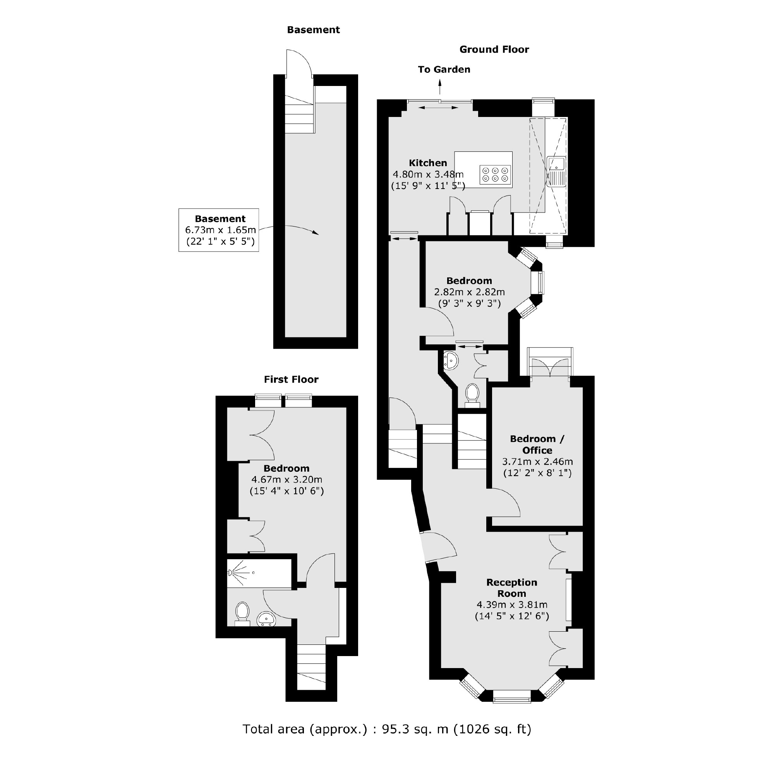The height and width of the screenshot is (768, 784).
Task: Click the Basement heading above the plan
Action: click(313, 30)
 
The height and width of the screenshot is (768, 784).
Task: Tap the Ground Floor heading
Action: click(494, 50)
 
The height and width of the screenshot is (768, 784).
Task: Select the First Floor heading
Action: click(291, 380)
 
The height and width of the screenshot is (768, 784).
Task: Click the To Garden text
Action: click(444, 70)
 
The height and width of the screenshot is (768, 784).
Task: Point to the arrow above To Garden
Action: click(440, 86)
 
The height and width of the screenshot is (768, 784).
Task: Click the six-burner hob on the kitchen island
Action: click(495, 175)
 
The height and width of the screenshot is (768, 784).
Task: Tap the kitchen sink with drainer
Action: click(557, 171)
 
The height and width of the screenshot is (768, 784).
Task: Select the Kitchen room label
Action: click(428, 163)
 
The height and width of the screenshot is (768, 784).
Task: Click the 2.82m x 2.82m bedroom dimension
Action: click(469, 292)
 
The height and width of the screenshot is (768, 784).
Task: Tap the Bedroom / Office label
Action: click(537, 444)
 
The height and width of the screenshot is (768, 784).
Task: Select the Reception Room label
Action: click(511, 588)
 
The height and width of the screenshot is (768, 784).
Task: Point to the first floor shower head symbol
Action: click(231, 572)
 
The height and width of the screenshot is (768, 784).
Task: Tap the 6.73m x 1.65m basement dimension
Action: click(220, 230)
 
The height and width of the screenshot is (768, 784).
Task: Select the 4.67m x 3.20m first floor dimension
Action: click(286, 479)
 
